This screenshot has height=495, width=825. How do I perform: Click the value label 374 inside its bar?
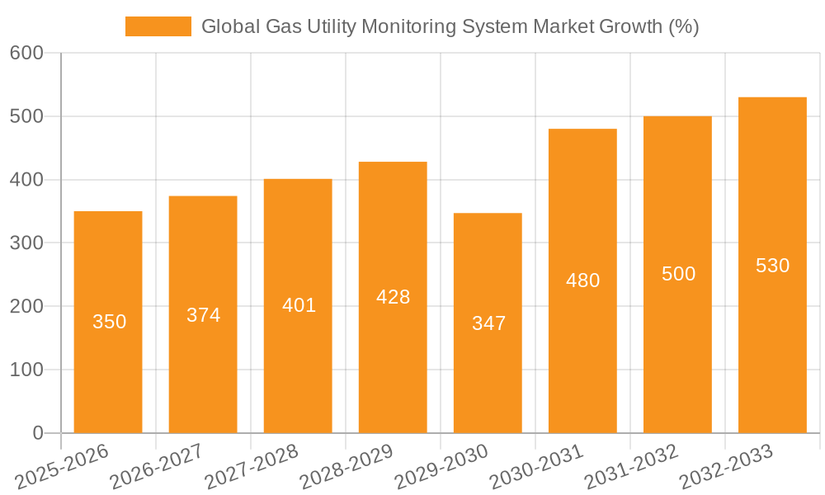[x=203, y=315]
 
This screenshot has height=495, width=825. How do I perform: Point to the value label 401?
[x=299, y=305]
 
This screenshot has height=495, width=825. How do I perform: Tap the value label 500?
[x=678, y=274]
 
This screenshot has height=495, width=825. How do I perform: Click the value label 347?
[x=488, y=323]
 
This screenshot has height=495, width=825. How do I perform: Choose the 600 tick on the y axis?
[x=26, y=53]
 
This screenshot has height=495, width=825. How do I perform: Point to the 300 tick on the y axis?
[x=26, y=243]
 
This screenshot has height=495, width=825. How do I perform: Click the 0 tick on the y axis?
[x=38, y=433]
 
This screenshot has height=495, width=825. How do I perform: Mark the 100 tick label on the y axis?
[x=26, y=370]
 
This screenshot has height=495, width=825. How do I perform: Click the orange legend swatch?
[x=158, y=26]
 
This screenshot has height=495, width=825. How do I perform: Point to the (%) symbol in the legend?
[x=683, y=26]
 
